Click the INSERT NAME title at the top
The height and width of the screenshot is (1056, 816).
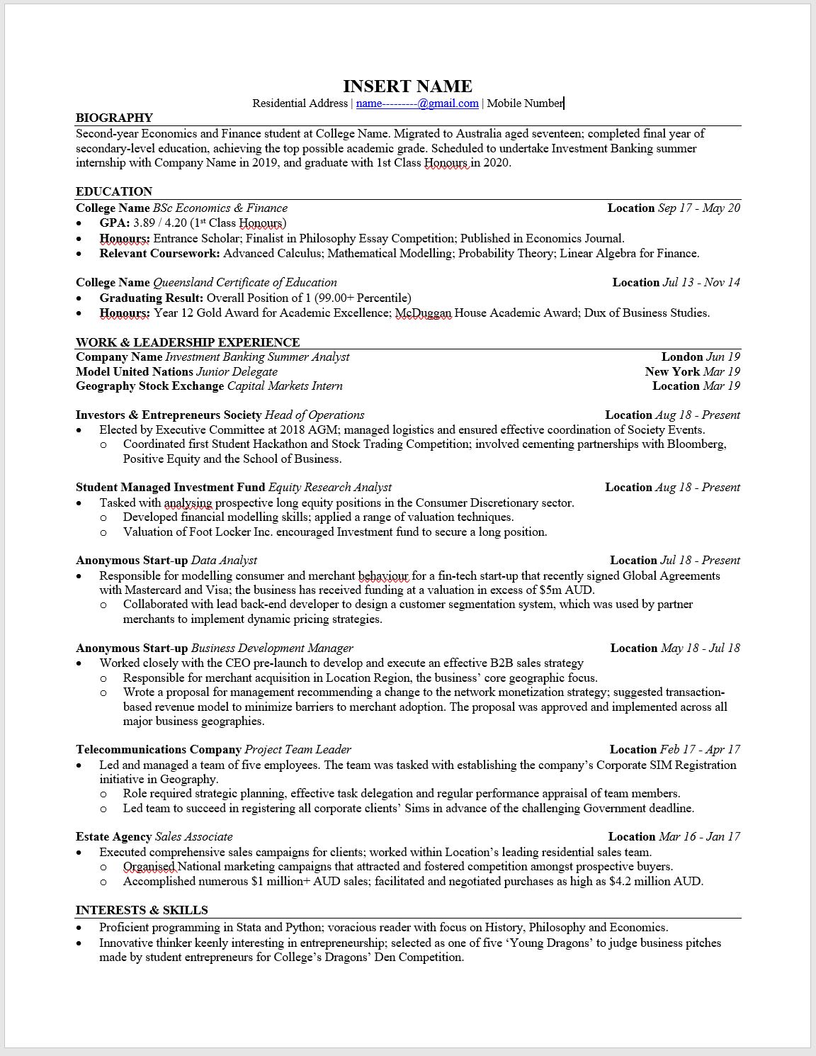[x=407, y=86]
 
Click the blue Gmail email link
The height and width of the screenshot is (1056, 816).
[x=417, y=103]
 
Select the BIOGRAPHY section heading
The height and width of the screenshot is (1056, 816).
[x=114, y=118]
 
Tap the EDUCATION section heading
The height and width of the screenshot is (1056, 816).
[x=114, y=191]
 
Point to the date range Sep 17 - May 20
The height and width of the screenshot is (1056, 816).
[x=698, y=208]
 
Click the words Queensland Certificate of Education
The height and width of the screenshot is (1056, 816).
[x=245, y=283]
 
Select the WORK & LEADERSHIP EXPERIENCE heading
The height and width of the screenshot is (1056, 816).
[x=188, y=342]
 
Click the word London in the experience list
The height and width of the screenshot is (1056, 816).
[x=682, y=357]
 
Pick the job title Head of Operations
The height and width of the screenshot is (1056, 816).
[x=314, y=415]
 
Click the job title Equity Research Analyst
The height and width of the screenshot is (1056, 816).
[x=330, y=488]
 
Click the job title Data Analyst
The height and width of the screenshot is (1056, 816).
[x=224, y=561]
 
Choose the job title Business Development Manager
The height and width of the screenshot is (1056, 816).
[x=272, y=648]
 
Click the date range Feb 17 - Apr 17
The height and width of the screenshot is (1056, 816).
[x=700, y=750]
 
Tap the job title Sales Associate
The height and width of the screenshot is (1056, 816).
[x=193, y=837]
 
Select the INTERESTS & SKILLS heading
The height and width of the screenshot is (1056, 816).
[x=142, y=910]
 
